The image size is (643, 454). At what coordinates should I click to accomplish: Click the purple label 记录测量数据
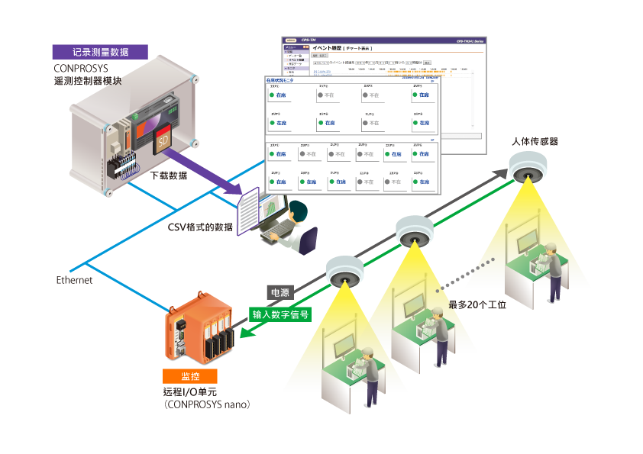click(x=100, y=52)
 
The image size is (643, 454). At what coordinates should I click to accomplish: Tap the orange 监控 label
click(x=189, y=376)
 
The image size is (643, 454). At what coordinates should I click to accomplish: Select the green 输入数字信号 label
click(x=282, y=313)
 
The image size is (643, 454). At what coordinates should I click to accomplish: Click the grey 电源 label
click(x=278, y=292)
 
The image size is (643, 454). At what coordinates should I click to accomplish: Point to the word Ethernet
click(x=74, y=281)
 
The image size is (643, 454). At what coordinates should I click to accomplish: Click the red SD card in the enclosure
click(x=162, y=142)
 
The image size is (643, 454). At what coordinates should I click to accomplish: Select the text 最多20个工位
click(x=478, y=304)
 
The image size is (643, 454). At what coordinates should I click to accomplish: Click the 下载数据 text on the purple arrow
click(x=169, y=175)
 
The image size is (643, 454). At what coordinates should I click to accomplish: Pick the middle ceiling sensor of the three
click(x=414, y=231)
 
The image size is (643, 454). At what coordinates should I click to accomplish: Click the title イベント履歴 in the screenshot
click(x=328, y=47)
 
